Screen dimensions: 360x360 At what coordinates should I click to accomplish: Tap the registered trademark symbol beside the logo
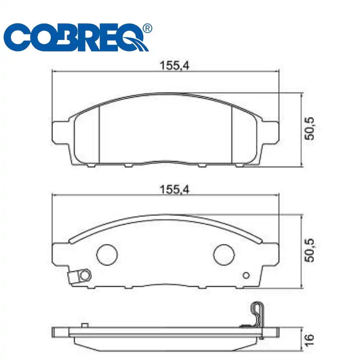(147, 28)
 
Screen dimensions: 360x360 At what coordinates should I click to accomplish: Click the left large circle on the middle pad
(107, 254)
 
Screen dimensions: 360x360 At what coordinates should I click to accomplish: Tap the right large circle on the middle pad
(224, 254)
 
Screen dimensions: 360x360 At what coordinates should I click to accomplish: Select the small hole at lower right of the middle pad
(246, 275)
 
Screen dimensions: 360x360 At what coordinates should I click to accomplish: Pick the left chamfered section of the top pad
(86, 137)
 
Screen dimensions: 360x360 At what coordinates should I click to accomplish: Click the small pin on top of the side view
(85, 325)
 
